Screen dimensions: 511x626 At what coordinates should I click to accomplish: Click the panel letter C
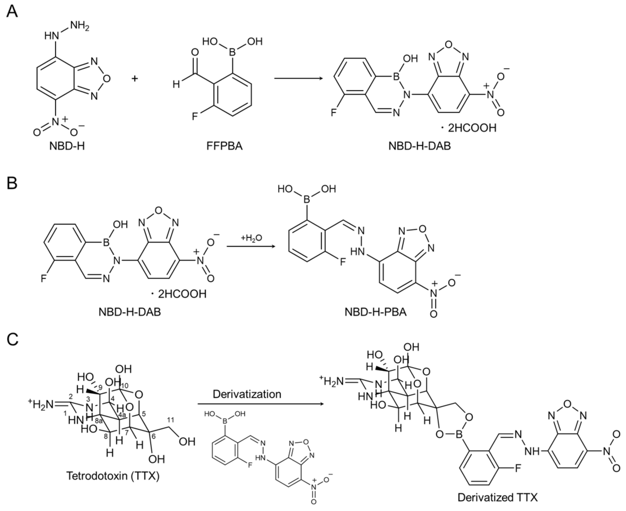pos(12,339)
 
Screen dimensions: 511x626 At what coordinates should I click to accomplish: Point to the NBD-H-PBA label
pos(375,312)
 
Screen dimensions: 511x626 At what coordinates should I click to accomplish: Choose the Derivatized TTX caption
pos(497,497)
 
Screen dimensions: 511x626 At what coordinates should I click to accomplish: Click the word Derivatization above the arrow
pos(247,394)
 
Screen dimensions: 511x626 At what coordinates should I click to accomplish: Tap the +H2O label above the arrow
pos(251,238)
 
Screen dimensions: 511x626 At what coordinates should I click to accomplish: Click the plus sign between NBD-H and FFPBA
pos(135,79)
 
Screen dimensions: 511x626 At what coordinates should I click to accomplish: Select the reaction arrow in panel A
pos(297,78)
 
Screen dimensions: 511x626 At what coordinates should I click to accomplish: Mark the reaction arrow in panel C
pos(260,404)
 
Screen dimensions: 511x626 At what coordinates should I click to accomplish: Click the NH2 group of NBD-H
pos(80,27)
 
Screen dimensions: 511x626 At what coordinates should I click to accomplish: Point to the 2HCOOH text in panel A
pos(472,128)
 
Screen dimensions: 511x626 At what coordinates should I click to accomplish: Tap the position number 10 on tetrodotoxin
pos(125,386)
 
